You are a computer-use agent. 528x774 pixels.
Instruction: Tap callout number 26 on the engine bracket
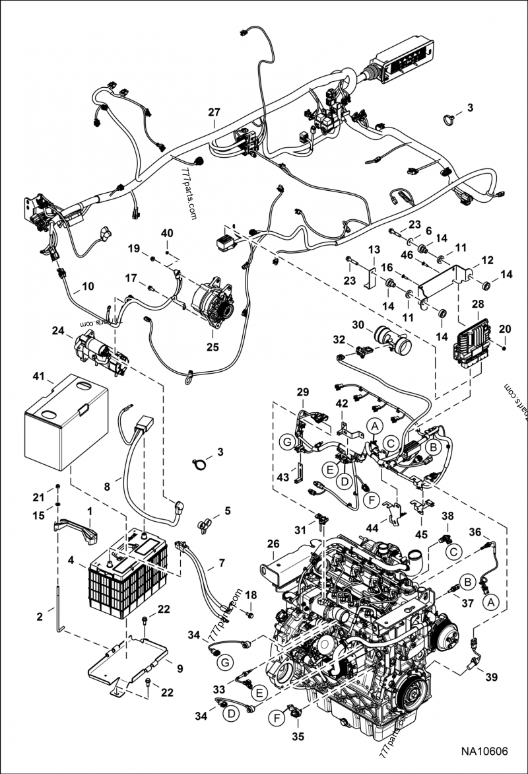[273, 544]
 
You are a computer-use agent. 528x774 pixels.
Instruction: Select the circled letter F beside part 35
[277, 715]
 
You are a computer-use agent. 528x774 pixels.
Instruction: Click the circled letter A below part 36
[490, 602]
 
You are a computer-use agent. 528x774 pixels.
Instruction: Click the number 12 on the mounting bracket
[487, 261]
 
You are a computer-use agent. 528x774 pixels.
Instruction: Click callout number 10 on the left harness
[88, 287]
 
